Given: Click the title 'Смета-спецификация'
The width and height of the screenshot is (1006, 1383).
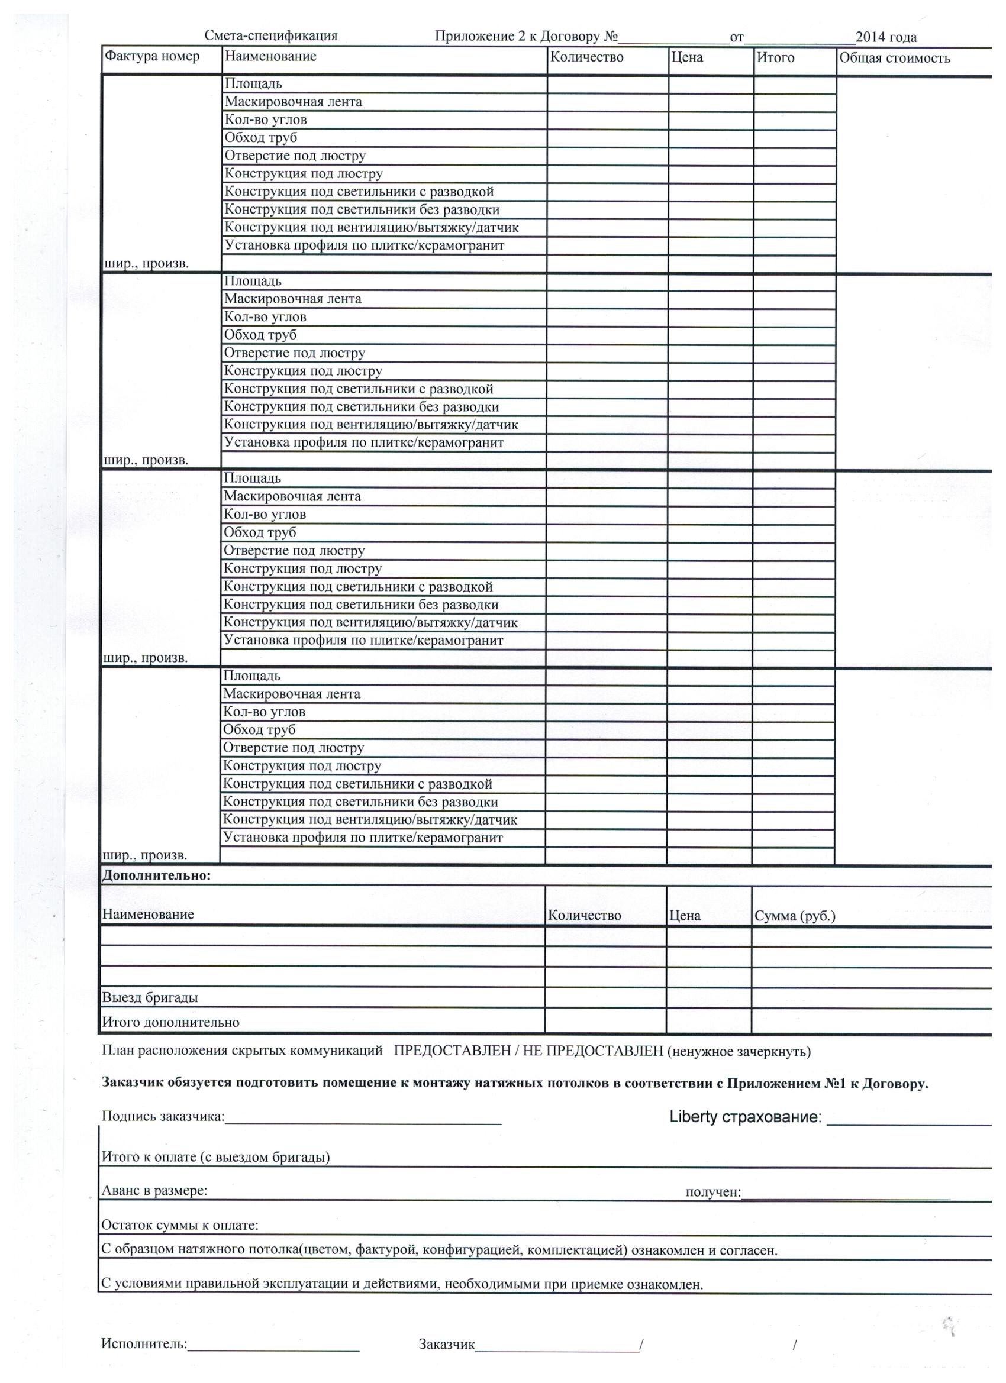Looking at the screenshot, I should (x=271, y=36).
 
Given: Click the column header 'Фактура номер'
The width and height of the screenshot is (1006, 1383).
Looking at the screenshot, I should (x=152, y=57).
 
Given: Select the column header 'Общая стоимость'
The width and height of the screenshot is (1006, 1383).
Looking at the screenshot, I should (x=894, y=59).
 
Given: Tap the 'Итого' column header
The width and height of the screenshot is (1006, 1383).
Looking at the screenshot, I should (x=775, y=58).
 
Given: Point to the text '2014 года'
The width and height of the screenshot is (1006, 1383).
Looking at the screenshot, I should (x=886, y=37).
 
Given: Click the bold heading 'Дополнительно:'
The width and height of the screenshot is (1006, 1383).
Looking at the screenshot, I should (x=156, y=875).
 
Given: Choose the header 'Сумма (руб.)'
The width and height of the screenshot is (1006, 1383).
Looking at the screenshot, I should (x=794, y=915).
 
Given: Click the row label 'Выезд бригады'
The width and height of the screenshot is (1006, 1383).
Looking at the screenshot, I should (x=150, y=997).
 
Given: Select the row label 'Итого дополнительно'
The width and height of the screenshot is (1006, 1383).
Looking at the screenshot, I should (x=170, y=1023).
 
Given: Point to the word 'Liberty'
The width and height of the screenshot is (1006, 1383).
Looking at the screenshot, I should (x=693, y=1117).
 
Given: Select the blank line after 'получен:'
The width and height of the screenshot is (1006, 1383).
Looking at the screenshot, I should (x=846, y=1194).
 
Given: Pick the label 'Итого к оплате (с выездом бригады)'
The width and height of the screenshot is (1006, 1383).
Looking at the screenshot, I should (x=215, y=1157).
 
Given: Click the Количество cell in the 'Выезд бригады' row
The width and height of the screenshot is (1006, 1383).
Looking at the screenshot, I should (x=605, y=997).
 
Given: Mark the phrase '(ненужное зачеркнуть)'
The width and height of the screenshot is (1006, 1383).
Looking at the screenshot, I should (x=739, y=1051).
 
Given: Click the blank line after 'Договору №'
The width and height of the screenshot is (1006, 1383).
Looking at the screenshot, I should (x=673, y=38).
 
